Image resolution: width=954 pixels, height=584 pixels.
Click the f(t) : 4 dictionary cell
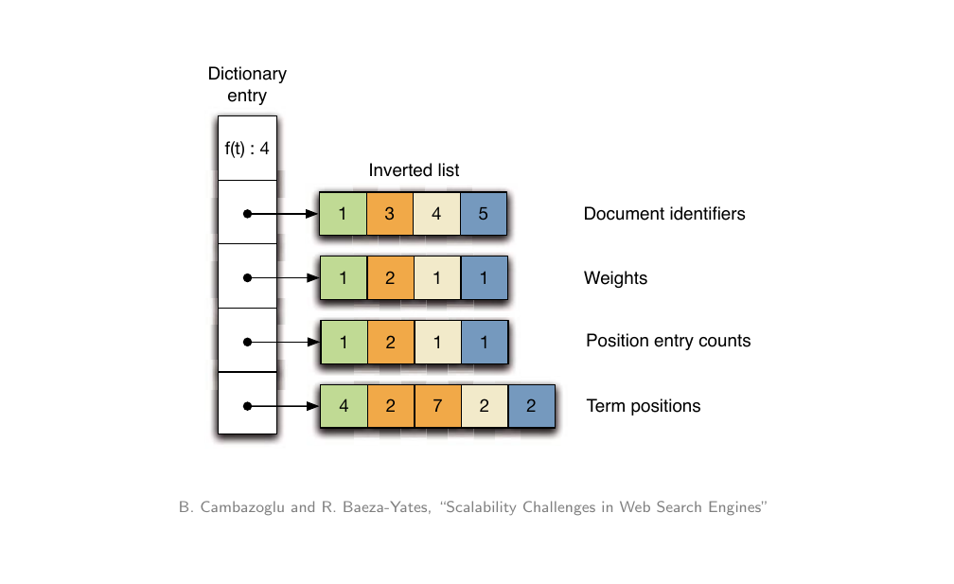[x=247, y=148]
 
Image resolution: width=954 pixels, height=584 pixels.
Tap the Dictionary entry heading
[x=247, y=84]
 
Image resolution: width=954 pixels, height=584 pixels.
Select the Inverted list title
[x=414, y=170]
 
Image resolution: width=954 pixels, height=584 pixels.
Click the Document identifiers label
[x=663, y=214]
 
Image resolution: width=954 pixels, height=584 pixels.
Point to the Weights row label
[x=615, y=278]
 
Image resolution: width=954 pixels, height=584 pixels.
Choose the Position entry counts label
[x=668, y=341]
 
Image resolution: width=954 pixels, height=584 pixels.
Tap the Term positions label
[x=644, y=406]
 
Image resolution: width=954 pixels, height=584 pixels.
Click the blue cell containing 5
[x=484, y=214]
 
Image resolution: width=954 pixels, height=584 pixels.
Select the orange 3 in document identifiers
[x=389, y=214]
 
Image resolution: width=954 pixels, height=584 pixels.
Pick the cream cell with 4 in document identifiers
[x=436, y=214]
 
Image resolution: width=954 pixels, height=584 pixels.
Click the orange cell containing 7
[x=436, y=407]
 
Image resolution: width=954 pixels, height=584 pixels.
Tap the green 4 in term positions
[x=343, y=407]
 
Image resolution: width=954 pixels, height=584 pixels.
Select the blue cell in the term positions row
[x=530, y=407]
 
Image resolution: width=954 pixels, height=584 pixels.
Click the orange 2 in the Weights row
[x=389, y=278]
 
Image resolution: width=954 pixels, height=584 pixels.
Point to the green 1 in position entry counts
[x=343, y=342]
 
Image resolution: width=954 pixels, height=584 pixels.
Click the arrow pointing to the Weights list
[x=284, y=278]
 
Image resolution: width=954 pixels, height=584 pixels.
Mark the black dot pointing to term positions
[x=247, y=407]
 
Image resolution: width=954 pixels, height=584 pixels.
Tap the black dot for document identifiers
[x=247, y=214]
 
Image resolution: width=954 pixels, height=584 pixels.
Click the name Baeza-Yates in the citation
[x=380, y=507]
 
